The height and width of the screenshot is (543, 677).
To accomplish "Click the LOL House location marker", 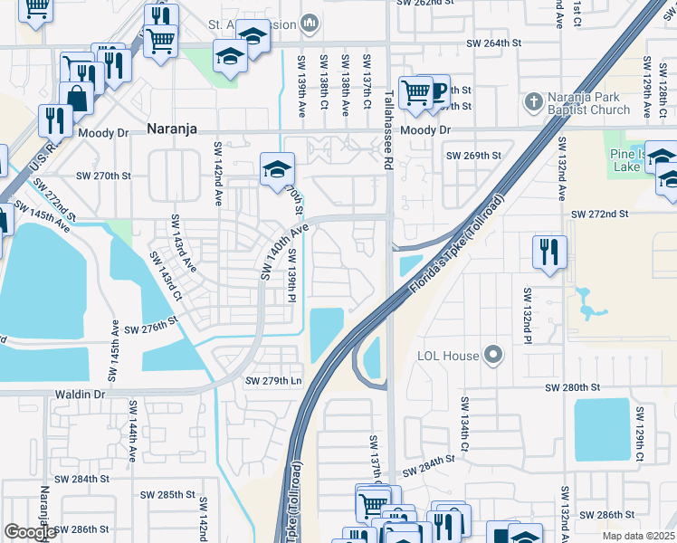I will tap(492, 355).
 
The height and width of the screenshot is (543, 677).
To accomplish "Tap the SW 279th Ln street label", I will tap(272, 380).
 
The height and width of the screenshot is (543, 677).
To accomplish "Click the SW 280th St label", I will tap(573, 386).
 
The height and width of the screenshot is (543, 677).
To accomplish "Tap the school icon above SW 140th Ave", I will tap(277, 167).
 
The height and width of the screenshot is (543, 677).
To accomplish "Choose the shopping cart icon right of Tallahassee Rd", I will tap(415, 90).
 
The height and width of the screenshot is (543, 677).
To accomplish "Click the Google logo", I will tap(30, 531).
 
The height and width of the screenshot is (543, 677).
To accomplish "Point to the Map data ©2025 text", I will tap(638, 536).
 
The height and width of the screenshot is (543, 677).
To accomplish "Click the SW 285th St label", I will tap(168, 495).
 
